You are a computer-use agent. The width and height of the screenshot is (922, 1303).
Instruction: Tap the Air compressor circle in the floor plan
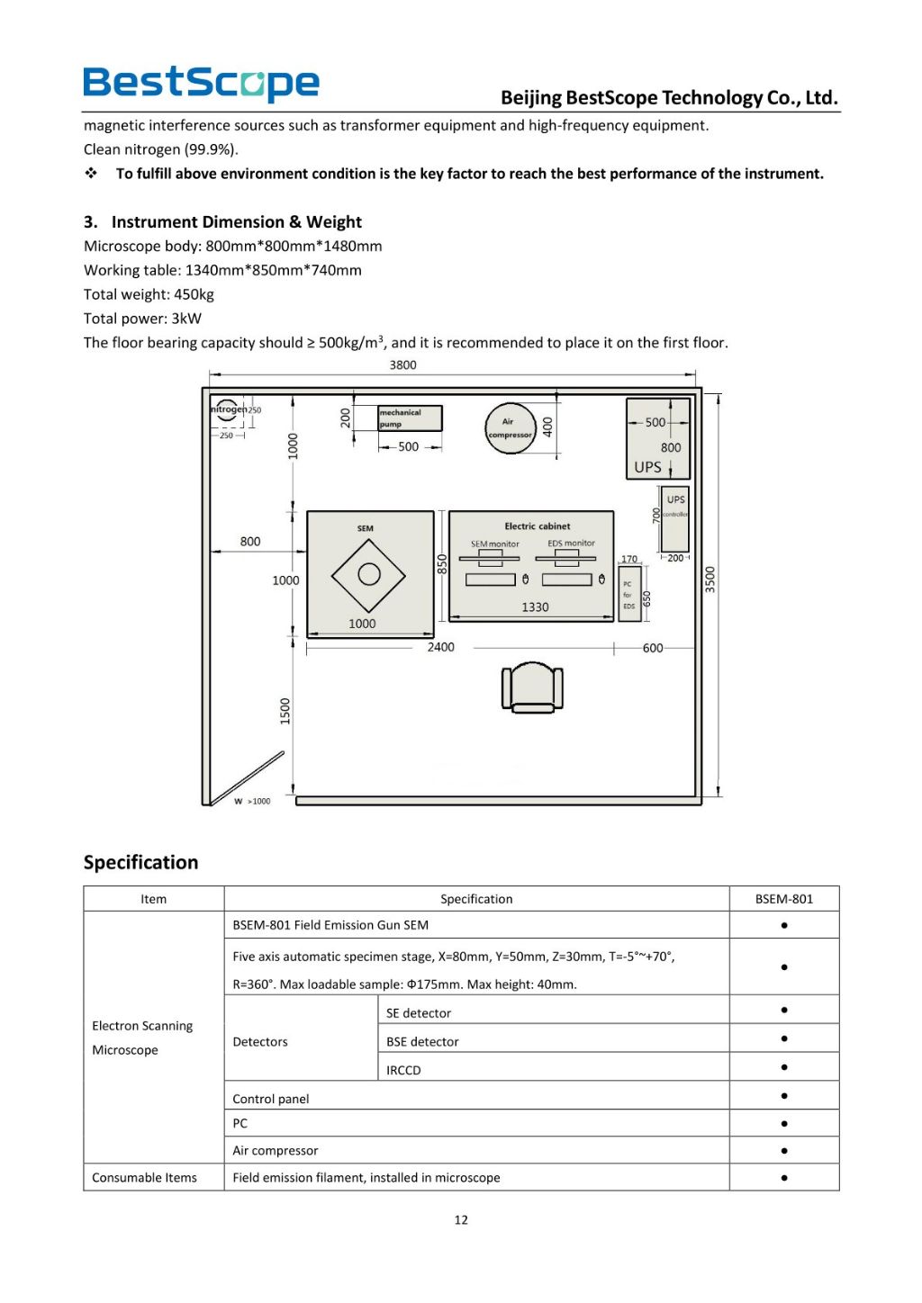coord(511,428)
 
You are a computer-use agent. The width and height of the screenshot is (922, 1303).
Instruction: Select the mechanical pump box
coord(410,418)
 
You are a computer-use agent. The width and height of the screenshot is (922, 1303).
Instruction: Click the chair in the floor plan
coord(532,687)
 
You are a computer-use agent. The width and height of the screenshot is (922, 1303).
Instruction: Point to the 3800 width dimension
coord(402,365)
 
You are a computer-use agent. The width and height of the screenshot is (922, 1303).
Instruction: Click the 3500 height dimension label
coord(710,579)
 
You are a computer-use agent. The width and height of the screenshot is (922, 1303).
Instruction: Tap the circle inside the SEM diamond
coord(369,574)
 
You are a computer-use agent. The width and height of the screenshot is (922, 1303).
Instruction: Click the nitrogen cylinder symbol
coord(227,410)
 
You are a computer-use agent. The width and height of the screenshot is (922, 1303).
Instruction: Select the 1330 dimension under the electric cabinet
coord(535,607)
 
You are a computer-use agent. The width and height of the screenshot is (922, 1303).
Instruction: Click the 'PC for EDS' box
coord(628,594)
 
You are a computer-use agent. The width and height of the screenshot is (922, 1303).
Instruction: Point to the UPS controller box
coord(675,518)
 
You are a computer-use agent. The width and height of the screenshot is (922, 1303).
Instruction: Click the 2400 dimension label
coord(440,647)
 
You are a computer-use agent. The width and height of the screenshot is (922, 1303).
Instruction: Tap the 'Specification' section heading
coord(140,862)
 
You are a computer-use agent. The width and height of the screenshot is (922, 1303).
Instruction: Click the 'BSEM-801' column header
coord(783,899)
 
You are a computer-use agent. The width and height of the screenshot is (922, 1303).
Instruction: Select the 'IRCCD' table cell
coord(403,1070)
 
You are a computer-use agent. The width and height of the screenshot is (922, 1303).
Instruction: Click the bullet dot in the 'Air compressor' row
coord(784,1150)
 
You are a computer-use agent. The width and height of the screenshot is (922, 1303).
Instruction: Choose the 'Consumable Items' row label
coord(144,1177)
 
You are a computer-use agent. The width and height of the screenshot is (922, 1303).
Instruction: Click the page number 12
coord(461,1219)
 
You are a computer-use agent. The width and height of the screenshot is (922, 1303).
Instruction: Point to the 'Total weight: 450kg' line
coord(149,294)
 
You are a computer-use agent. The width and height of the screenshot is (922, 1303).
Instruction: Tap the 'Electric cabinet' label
coord(537,526)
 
